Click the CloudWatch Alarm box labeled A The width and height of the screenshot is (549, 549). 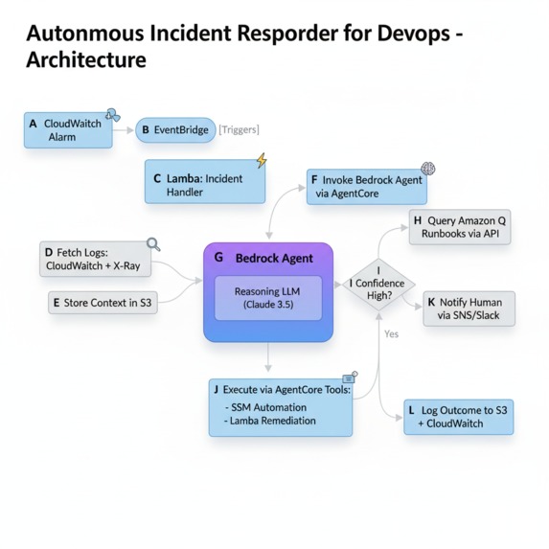coord(68,130)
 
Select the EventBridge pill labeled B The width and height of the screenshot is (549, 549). coord(175,130)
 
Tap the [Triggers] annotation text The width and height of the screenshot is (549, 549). coord(240,130)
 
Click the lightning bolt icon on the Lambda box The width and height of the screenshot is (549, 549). coord(261,161)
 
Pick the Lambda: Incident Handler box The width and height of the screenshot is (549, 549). coord(204,184)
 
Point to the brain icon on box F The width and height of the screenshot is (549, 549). coord(428,170)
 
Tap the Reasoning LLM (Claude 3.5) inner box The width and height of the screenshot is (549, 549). coord(267,296)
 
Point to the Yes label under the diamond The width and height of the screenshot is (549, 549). coord(391,334)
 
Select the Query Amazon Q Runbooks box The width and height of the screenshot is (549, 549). coord(459,227)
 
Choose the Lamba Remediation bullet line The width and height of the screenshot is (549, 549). coord(271,421)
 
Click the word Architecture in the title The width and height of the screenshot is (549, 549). coord(85,60)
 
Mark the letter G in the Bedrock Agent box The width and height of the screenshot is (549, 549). coord(219,259)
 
